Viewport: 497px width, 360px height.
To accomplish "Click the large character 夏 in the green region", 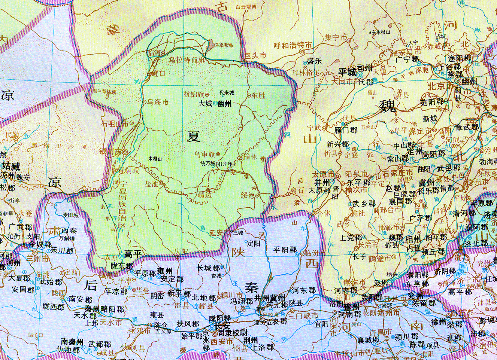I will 193,136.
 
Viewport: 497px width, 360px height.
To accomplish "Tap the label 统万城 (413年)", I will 216,164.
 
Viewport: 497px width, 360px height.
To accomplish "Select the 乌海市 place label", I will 158,102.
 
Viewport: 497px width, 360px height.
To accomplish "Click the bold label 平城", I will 347,71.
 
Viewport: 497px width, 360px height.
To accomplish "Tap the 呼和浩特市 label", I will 293,45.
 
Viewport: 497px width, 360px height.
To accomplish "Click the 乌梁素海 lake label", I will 224,45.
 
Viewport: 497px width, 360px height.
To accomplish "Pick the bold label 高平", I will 133,254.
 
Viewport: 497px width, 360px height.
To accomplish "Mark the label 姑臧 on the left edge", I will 10,166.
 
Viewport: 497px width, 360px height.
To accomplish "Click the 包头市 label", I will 255,55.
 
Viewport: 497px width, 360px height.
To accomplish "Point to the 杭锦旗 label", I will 194,94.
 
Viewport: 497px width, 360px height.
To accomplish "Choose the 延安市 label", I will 219,233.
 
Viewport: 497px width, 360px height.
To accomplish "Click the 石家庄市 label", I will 398,173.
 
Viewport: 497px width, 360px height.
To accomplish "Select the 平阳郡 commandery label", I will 285,250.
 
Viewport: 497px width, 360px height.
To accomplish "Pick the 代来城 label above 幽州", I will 227,92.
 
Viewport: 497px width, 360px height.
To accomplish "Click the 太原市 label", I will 323,174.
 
